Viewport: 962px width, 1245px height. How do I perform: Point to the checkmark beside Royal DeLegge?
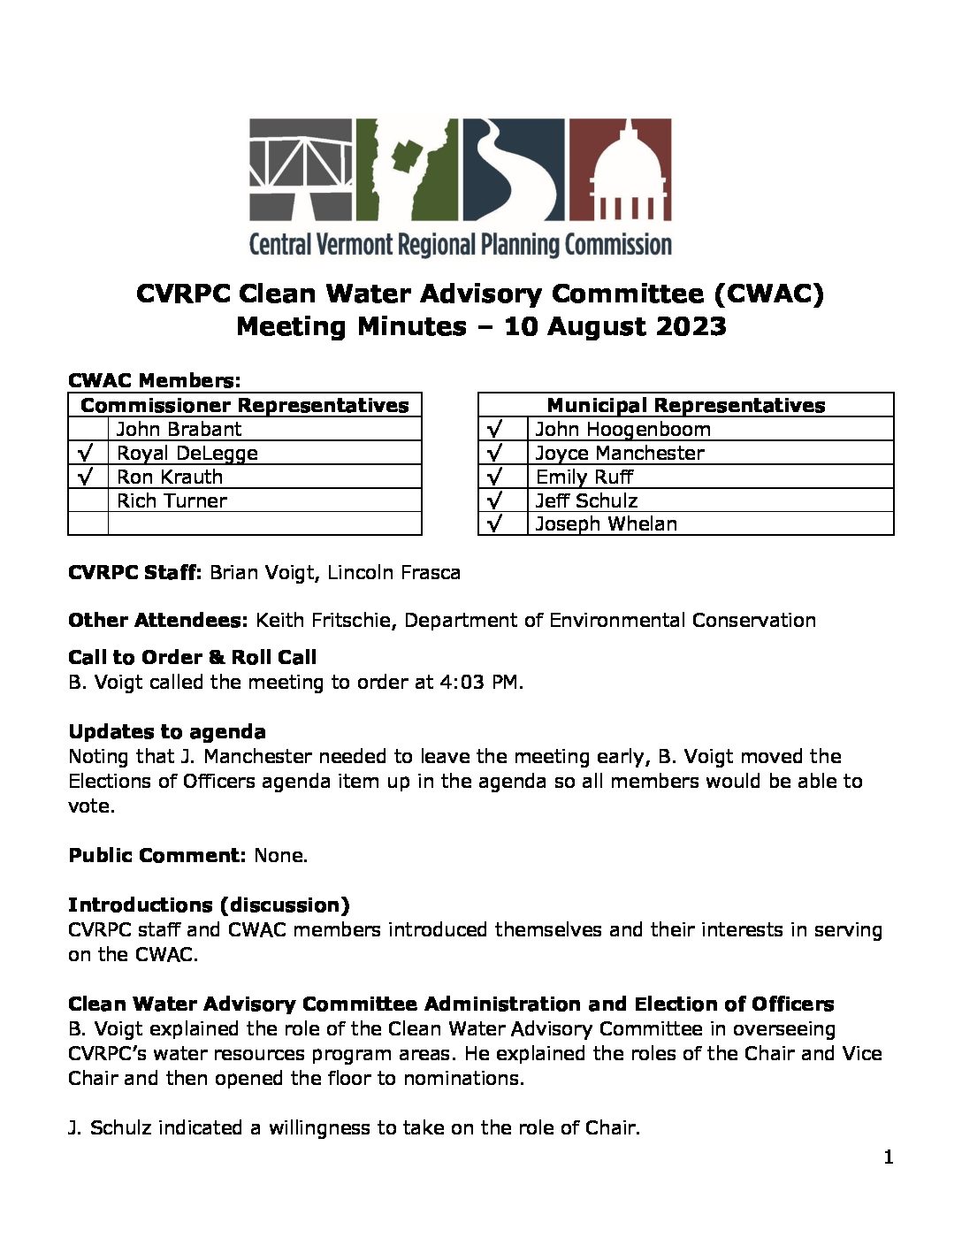[x=87, y=453]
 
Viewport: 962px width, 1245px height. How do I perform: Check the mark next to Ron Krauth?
[x=87, y=477]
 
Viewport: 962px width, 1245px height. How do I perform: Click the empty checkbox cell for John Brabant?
[x=88, y=430]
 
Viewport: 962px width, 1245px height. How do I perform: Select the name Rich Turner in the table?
[x=172, y=500]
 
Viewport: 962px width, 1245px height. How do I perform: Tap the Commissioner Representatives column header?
[x=244, y=405]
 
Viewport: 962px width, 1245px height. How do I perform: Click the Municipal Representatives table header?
[x=685, y=405]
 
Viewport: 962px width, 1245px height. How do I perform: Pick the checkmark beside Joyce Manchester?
[x=494, y=453]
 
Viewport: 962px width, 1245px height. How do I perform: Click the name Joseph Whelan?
[x=606, y=524]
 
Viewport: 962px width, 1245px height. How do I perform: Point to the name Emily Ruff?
[x=584, y=477]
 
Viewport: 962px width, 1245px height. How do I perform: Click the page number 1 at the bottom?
[x=888, y=1157]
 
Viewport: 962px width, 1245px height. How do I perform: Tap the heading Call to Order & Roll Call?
[x=192, y=657]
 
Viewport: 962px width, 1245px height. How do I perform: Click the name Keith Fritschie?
[x=324, y=621]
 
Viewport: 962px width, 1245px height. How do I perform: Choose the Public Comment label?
[x=157, y=856]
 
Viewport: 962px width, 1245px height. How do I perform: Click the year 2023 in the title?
[x=690, y=326]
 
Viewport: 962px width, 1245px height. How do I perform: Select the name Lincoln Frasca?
[x=393, y=573]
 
